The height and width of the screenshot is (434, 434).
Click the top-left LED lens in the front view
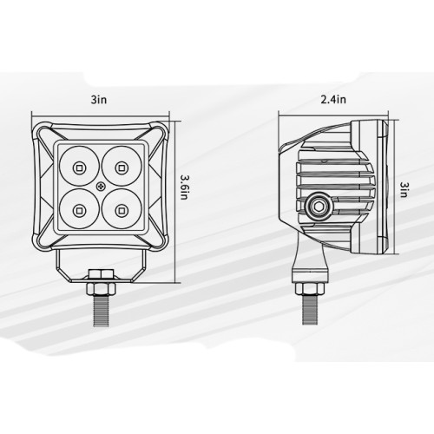coord(79,165)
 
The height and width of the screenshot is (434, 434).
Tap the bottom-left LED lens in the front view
coord(79,208)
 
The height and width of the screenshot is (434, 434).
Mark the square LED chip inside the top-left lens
coord(79,165)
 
